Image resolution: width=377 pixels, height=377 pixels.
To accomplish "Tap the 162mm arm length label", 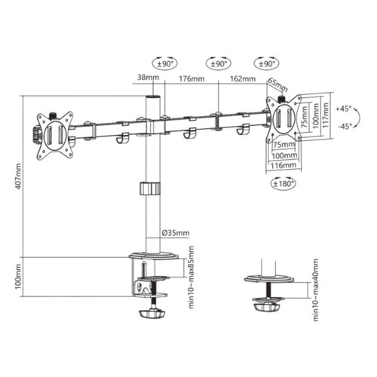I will [242, 78].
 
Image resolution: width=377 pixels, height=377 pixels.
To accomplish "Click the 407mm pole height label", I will [17, 178].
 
